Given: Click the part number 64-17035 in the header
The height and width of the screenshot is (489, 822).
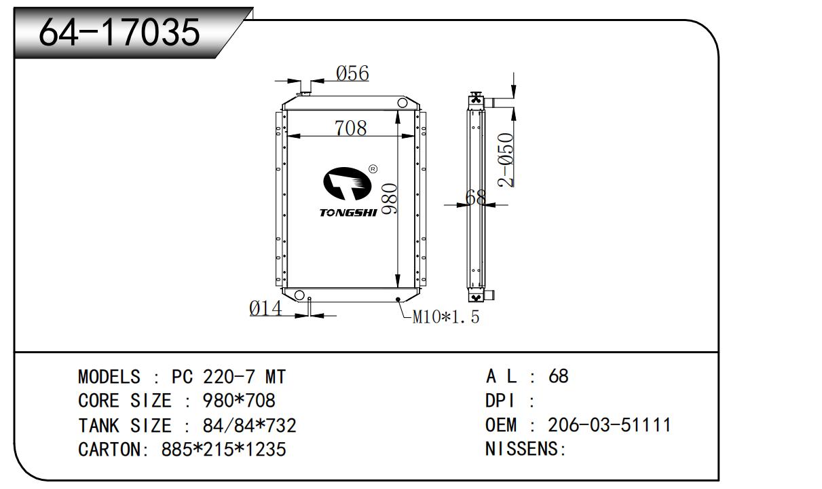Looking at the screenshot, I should click(119, 32).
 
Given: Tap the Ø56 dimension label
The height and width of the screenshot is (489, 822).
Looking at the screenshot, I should click(353, 73).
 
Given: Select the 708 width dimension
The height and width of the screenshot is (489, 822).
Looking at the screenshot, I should click(350, 128).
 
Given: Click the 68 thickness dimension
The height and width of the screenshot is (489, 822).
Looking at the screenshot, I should click(477, 198).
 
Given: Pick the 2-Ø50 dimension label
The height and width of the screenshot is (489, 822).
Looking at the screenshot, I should click(506, 160).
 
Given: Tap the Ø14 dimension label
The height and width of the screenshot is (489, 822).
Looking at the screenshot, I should click(265, 308).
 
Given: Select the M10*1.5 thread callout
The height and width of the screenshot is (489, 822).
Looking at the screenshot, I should click(446, 316).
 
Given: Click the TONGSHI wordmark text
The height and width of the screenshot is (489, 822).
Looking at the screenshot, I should click(348, 213).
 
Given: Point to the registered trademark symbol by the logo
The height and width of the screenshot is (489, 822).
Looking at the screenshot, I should click(373, 169).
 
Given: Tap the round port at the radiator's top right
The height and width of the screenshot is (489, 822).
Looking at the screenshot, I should click(403, 103).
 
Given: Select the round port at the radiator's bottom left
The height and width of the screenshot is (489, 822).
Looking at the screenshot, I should click(298, 295).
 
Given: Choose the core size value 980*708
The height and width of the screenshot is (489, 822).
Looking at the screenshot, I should click(239, 401).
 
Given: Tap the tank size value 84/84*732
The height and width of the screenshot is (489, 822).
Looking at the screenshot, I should click(249, 426).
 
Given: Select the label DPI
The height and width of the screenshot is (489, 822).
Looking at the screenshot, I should click(500, 401).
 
